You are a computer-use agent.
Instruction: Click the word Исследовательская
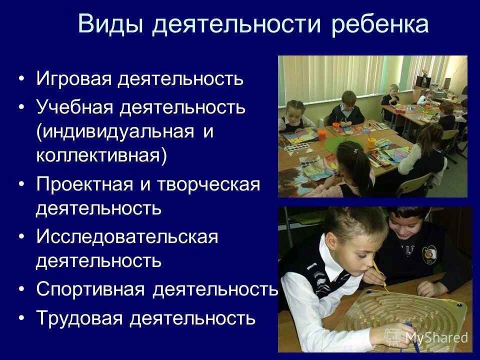pos(127,237)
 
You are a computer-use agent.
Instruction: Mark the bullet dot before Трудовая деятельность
pos(20,318)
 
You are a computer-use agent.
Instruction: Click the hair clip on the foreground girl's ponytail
pos(356,150)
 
